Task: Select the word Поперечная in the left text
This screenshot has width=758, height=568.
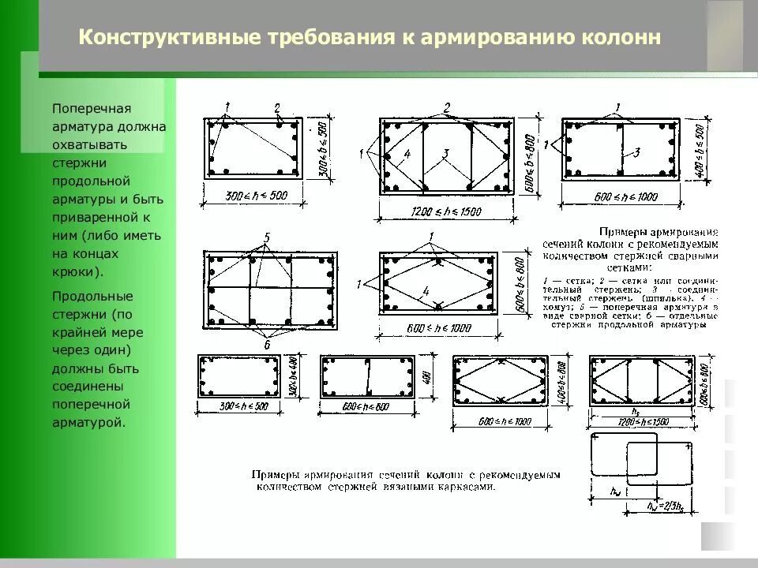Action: [x=91, y=108]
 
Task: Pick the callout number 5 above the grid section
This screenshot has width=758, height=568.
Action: [x=267, y=237]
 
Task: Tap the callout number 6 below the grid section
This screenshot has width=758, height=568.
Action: [x=267, y=345]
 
